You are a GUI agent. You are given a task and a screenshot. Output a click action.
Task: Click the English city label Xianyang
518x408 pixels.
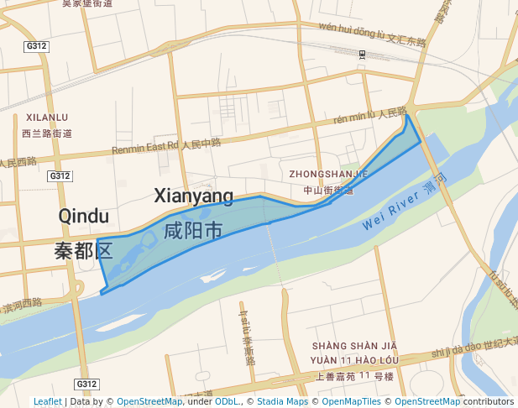[193, 196]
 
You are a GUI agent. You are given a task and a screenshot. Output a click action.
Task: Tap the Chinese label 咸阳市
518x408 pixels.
[193, 230]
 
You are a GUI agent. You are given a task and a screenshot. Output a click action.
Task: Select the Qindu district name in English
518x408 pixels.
[83, 217]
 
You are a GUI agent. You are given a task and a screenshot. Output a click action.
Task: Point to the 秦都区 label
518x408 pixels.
[83, 249]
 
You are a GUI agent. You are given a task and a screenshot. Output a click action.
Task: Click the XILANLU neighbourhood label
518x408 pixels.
[47, 118]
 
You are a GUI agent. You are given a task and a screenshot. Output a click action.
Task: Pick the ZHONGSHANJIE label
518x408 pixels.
[328, 174]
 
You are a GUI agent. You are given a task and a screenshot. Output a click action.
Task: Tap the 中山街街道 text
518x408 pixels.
[328, 191]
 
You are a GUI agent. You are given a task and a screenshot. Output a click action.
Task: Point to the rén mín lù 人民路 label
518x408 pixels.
[370, 115]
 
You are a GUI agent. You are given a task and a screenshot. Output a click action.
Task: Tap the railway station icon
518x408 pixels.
[362, 55]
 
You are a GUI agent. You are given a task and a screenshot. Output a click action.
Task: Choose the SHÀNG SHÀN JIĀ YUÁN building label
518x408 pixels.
[353, 353]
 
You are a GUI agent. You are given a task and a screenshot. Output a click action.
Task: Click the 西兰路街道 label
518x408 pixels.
[47, 133]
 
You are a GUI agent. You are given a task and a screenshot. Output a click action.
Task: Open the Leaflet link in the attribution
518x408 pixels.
[47, 402]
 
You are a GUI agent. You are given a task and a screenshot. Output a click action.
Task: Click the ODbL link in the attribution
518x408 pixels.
[226, 402]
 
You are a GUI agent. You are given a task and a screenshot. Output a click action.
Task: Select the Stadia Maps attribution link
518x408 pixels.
[282, 402]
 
